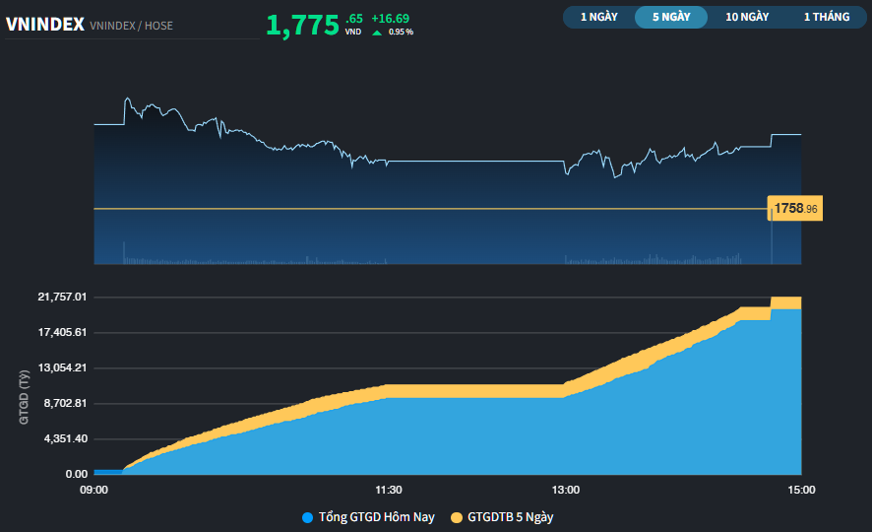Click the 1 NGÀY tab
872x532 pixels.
click(599, 17)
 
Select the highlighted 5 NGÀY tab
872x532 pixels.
click(671, 17)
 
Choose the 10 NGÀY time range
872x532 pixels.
click(747, 17)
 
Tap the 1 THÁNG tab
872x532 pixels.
click(826, 17)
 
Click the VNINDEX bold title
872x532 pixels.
click(44, 25)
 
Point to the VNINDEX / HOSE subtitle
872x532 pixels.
click(131, 26)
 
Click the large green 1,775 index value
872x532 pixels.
click(302, 25)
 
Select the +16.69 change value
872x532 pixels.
click(390, 18)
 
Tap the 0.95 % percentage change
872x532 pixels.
click(401, 33)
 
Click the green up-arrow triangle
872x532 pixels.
click(377, 33)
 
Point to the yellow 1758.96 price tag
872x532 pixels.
click(795, 209)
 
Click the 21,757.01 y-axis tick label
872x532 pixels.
click(62, 297)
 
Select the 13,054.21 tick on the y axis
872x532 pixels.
click(62, 367)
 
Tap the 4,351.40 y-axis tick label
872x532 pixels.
click(65, 438)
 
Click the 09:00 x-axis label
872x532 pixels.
click(94, 489)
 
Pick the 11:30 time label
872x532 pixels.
click(389, 489)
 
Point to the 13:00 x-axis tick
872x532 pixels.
click(565, 489)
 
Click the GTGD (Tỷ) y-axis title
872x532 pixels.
click(23, 396)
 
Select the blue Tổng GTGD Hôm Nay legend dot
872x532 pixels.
click(308, 517)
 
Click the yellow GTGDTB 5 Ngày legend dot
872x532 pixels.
click(456, 517)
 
